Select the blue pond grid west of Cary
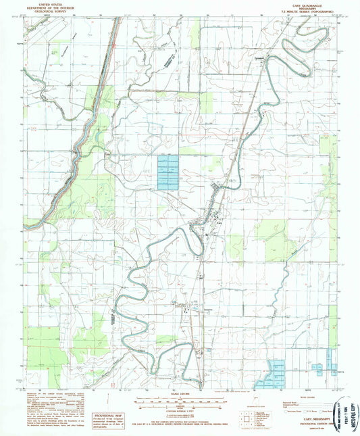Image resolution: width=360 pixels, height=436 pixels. click(168, 172)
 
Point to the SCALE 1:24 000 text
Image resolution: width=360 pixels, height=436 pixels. click(180, 394)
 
